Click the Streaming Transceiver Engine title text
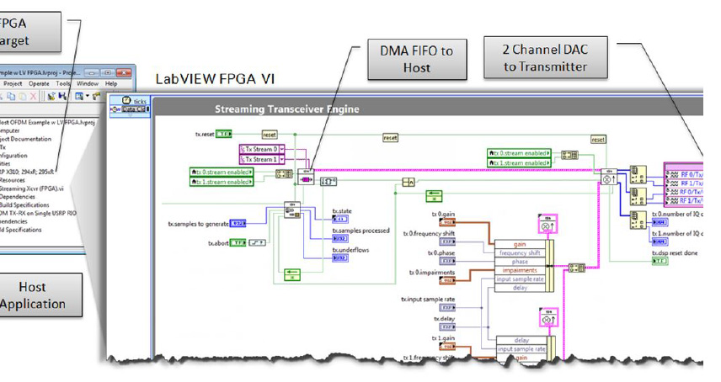point(286,109)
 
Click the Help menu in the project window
point(111,84)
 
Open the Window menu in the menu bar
point(87,84)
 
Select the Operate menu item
point(39,84)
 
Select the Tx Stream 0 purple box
point(262,149)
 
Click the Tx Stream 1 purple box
point(262,159)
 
